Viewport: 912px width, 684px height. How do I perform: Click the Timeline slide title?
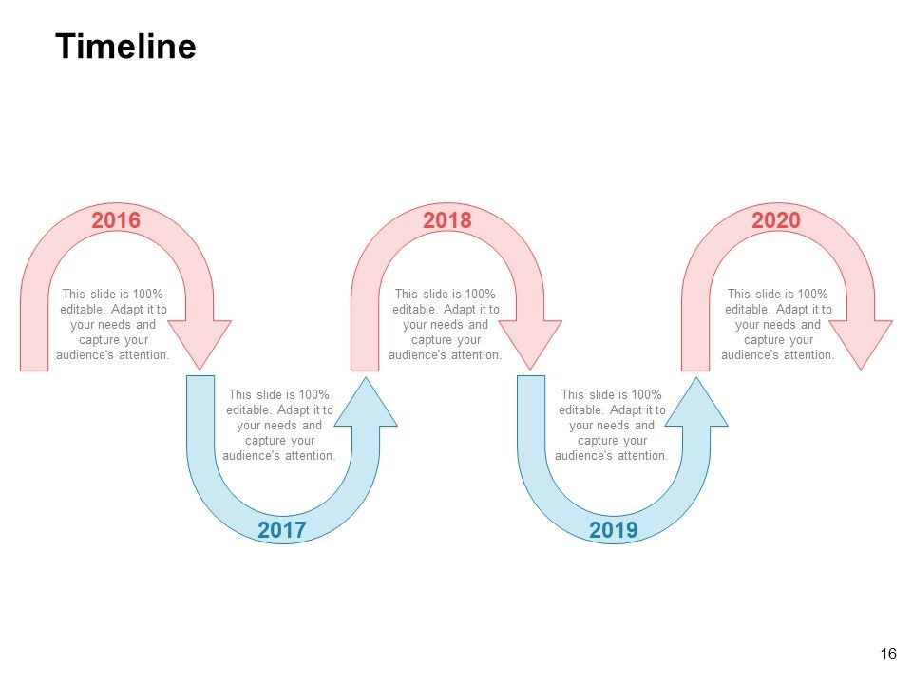click(125, 46)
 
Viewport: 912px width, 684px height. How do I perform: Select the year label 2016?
click(116, 220)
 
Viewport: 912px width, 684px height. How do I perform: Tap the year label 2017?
click(281, 530)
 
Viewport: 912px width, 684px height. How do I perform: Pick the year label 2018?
click(447, 220)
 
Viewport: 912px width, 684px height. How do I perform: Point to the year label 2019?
click(614, 530)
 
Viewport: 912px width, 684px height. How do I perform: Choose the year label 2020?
click(776, 220)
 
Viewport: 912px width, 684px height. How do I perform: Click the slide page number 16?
click(888, 654)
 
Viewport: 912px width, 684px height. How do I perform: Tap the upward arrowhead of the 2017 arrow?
click(366, 402)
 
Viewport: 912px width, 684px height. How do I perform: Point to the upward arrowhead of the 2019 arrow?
click(696, 402)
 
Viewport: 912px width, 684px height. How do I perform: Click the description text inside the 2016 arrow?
click(113, 325)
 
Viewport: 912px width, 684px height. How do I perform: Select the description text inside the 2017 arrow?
click(279, 426)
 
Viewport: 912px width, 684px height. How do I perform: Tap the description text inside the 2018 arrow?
click(446, 325)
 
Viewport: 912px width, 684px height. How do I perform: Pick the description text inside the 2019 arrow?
click(611, 426)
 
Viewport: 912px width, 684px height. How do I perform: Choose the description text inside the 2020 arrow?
click(778, 325)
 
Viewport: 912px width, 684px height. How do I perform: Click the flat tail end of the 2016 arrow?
click(34, 370)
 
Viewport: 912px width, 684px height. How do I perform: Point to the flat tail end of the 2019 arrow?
click(531, 377)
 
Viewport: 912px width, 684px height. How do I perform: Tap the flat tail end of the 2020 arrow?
click(695, 370)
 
